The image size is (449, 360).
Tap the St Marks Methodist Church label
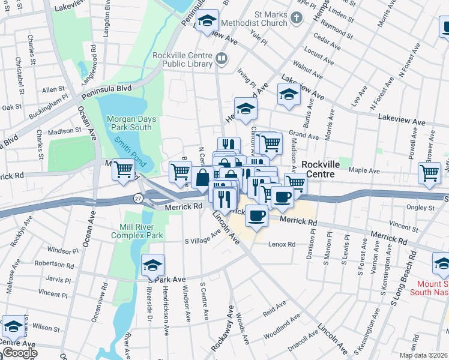point(254,19)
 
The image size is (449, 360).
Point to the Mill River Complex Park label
point(137,232)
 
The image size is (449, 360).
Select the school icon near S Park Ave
point(152,264)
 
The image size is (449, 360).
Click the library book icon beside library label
point(221,59)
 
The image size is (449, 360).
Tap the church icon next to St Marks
point(296,19)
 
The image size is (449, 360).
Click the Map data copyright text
point(424,355)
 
